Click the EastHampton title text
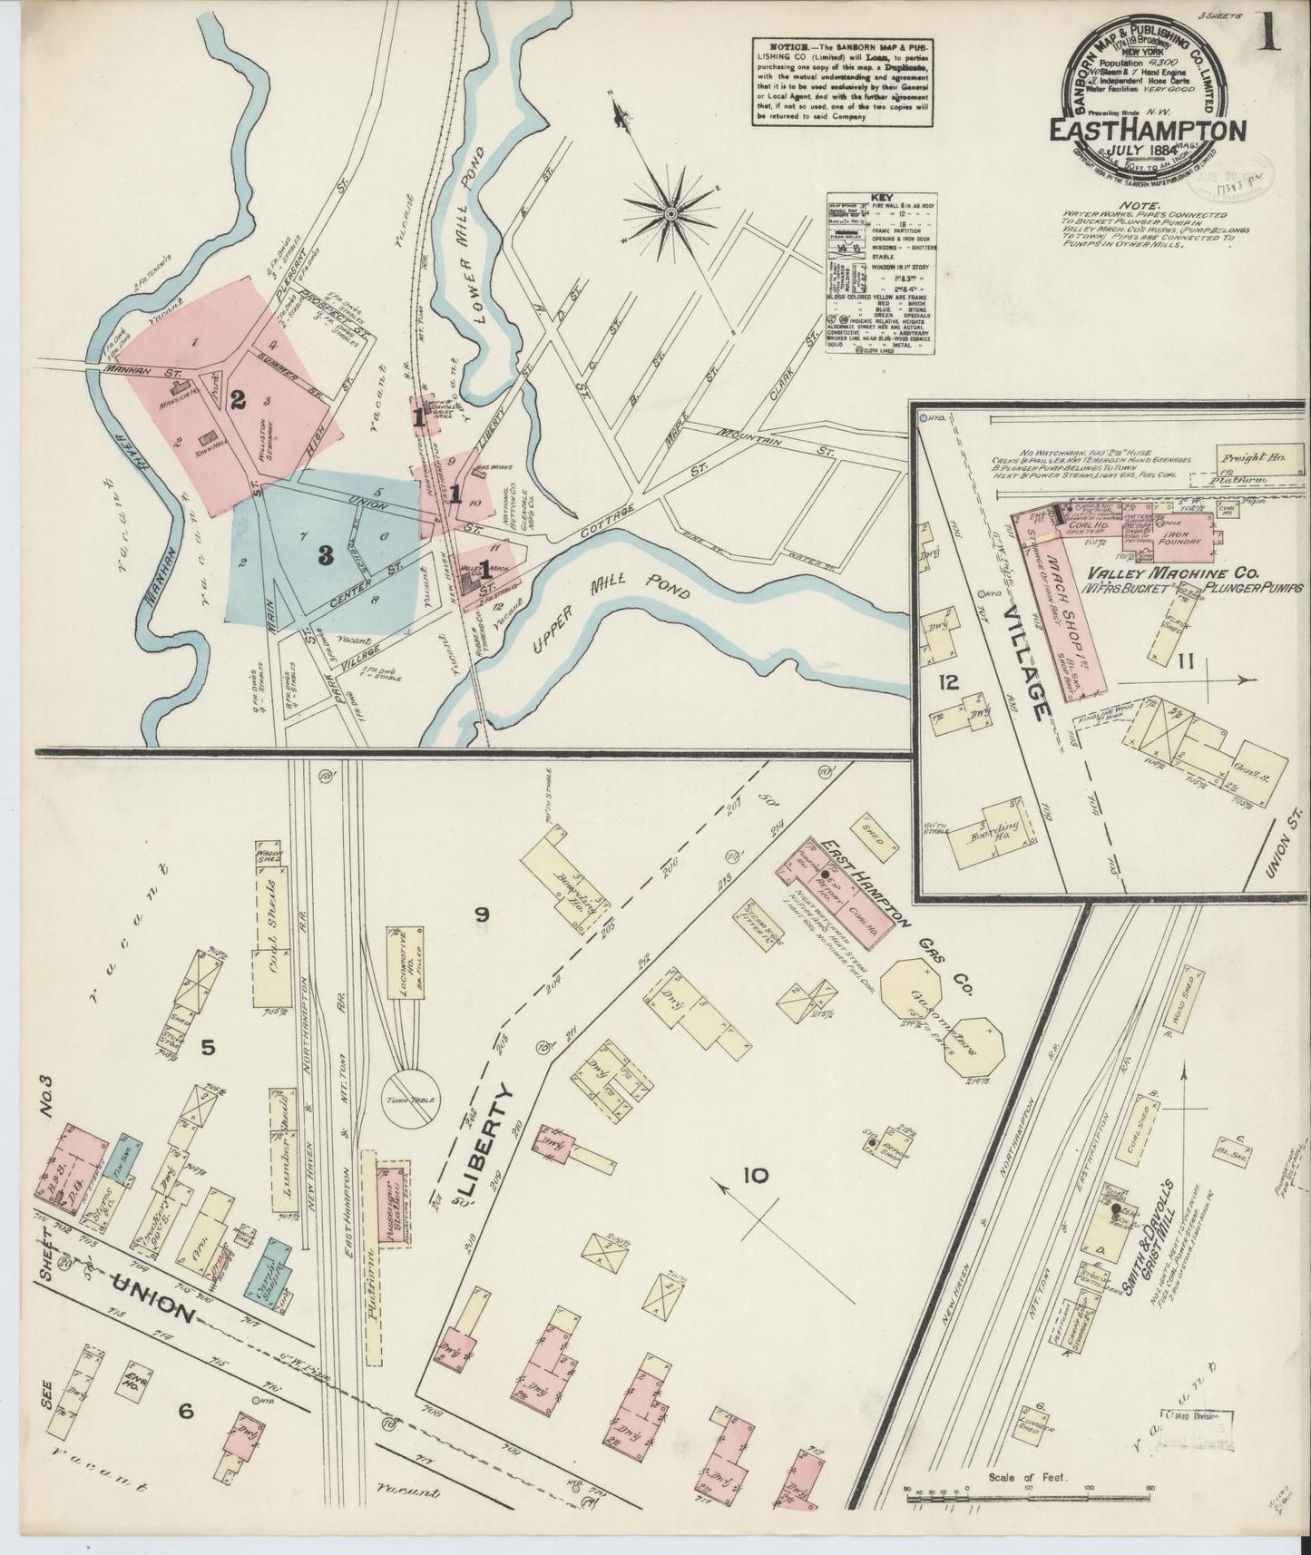point(1147,130)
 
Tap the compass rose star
point(670,212)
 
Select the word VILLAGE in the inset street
point(1030,671)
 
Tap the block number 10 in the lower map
point(754,1177)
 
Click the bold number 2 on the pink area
point(238,398)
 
